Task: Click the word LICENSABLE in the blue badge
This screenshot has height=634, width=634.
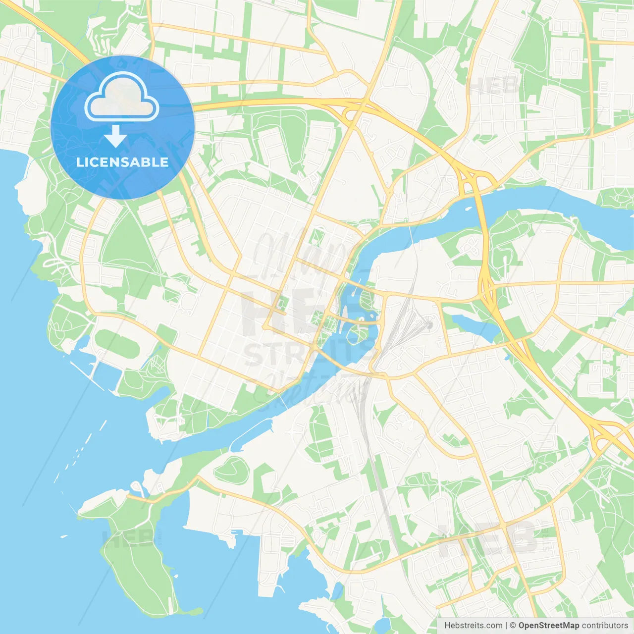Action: pyautogui.click(x=122, y=162)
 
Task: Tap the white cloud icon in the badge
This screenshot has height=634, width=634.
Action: pyautogui.click(x=122, y=98)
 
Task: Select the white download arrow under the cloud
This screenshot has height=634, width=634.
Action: pyautogui.click(x=115, y=136)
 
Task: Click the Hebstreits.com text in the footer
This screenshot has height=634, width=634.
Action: pyautogui.click(x=473, y=626)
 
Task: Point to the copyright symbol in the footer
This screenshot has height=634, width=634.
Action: pyautogui.click(x=513, y=626)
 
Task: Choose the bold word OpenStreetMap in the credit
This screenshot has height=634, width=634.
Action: pyautogui.click(x=549, y=626)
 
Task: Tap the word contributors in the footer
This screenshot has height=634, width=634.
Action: pyautogui.click(x=605, y=626)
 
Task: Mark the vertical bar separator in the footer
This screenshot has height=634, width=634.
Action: pyautogui.click(x=506, y=626)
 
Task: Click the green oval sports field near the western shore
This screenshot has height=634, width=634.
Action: pyautogui.click(x=117, y=344)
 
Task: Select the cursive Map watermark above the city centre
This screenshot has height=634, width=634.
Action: pyautogui.click(x=302, y=253)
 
